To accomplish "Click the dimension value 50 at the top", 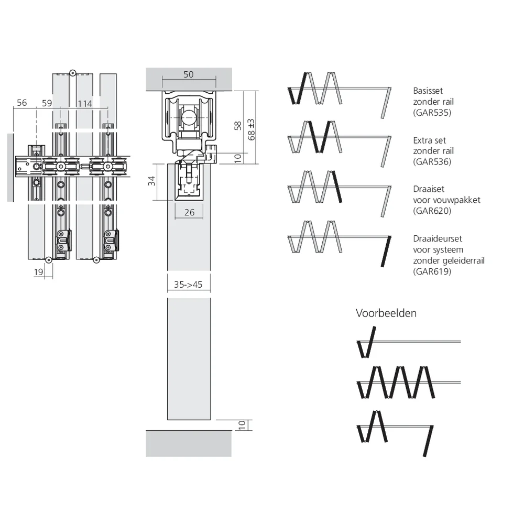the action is (x=189, y=74).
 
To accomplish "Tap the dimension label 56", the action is (x=21, y=103).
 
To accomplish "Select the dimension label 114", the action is (x=84, y=104).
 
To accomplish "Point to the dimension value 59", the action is (x=47, y=103).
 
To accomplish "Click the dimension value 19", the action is (x=38, y=272).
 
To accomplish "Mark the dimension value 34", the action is (x=152, y=181).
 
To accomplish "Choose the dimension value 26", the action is (x=190, y=212).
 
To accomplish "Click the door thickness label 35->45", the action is (x=188, y=285).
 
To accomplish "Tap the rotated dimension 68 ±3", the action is (x=252, y=129).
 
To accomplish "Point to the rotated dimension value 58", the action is (x=237, y=126).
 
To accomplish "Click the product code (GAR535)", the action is (x=432, y=113).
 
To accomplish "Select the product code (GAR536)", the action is (x=432, y=162).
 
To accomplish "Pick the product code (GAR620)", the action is (x=432, y=211).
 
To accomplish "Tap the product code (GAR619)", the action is (x=432, y=271).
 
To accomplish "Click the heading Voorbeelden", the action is (x=386, y=313).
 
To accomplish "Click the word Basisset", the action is (x=428, y=91).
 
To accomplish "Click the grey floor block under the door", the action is (x=189, y=443).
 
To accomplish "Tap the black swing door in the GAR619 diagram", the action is (x=386, y=252).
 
